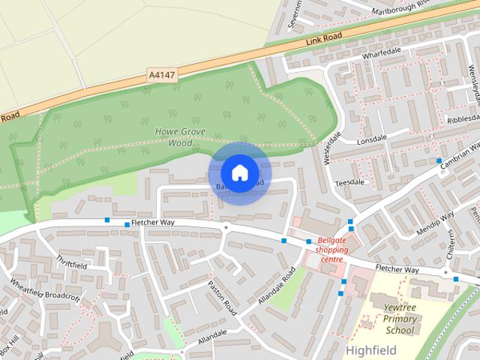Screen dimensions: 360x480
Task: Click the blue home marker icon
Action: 239,172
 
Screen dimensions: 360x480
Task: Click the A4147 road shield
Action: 163,74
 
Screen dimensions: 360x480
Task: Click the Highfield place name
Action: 370,349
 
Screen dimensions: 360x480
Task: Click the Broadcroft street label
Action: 62,297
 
